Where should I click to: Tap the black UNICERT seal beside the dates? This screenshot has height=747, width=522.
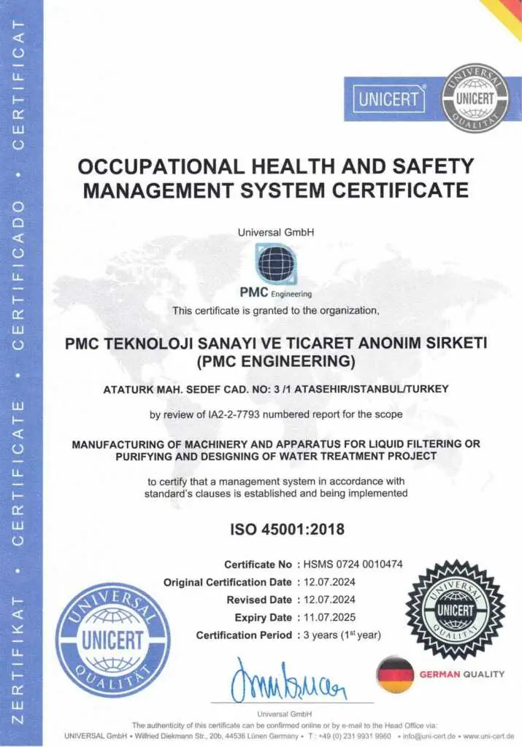pos(455,609)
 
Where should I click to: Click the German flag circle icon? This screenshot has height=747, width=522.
pos(394,674)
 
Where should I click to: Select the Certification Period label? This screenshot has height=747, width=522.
pos(245,635)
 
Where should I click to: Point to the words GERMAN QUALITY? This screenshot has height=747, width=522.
pos(461,674)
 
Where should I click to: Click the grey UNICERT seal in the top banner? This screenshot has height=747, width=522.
pos(475,96)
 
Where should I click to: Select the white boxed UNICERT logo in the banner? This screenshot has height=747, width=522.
pos(390,99)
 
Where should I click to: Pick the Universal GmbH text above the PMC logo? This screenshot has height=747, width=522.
pos(276,233)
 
